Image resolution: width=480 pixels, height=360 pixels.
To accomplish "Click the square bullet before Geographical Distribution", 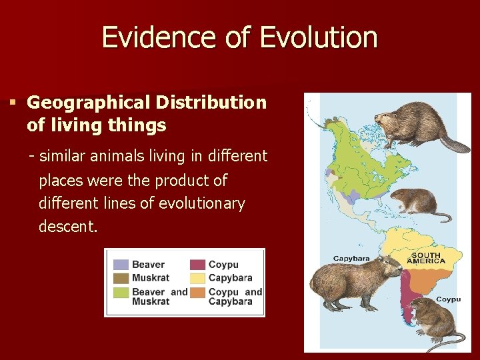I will coord(12,103).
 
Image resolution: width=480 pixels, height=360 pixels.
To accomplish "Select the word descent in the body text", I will coord(67,227).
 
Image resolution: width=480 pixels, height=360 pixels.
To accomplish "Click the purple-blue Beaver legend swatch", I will coord(121,265).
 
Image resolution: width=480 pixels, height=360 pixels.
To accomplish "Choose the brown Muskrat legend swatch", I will coord(121,277).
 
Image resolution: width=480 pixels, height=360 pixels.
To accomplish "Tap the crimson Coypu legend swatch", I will coord(198,265).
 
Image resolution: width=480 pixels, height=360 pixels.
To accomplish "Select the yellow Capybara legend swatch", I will coord(198,277).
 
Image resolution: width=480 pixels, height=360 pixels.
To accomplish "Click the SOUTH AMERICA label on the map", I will coord(426,258).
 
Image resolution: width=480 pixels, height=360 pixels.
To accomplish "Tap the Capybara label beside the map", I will coord(351,258).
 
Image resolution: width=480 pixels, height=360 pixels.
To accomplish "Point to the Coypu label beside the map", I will coord(448,299).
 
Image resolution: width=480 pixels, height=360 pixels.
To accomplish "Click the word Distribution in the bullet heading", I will coord(211,103).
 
